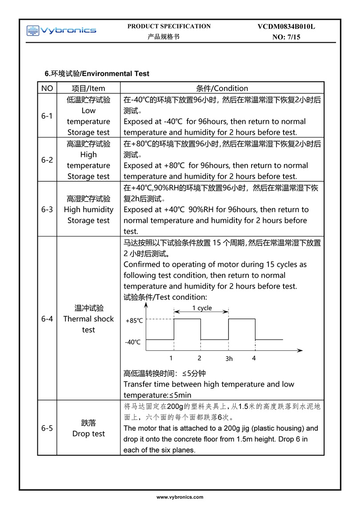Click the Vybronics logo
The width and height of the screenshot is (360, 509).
click(61, 30)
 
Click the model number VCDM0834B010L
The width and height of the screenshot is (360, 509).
click(286, 27)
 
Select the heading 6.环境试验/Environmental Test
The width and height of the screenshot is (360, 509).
click(97, 73)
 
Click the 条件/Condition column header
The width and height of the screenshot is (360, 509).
click(222, 88)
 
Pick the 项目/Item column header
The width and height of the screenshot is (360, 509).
click(88, 88)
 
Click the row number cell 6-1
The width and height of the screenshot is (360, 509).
click(47, 116)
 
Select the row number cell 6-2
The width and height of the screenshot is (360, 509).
click(47, 160)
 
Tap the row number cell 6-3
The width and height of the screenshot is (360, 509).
click(47, 209)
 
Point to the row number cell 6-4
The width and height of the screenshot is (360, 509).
click(47, 319)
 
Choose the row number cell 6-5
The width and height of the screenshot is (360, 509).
click(47, 428)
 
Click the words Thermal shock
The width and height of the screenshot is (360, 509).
click(88, 319)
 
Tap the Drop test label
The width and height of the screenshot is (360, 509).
click(88, 433)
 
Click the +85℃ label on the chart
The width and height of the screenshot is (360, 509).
click(134, 320)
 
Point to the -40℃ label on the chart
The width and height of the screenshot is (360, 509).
click(133, 342)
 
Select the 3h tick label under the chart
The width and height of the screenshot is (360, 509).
click(229, 359)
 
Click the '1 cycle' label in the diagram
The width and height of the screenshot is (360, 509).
click(202, 308)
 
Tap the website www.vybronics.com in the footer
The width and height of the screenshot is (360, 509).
click(180, 497)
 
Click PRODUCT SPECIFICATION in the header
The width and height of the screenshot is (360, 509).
click(169, 26)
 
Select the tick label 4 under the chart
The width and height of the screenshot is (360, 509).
click(254, 358)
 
